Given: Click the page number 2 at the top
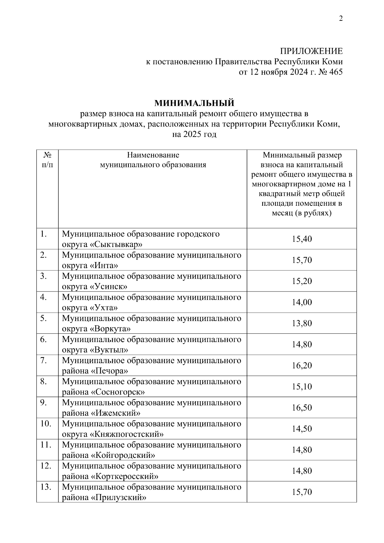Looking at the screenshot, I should tap(341, 19).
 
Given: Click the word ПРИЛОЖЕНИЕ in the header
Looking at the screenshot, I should tap(311, 51).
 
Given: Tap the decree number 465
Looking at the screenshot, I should tap(335, 72).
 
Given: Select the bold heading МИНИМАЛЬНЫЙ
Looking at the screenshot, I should tap(194, 103).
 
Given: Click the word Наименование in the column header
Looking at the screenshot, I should tap(153, 155).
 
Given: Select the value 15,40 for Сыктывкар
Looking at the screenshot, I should tap(301, 239).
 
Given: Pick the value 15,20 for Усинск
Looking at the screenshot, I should tap(301, 281).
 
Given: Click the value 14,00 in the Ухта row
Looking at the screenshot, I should tap(301, 302).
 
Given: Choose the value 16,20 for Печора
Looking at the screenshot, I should tap(301, 365).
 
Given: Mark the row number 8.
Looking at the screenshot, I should tap(44, 381).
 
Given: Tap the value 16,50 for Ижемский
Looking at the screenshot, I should tap(301, 408).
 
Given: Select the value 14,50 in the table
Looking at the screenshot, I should tap(301, 429).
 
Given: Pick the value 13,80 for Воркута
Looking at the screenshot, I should tap(301, 323).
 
